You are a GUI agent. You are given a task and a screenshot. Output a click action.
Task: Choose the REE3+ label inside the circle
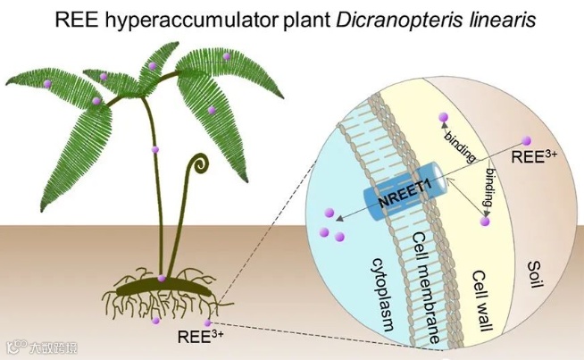[x=535, y=157]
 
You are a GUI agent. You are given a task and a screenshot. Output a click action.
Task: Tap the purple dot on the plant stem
[x=155, y=149]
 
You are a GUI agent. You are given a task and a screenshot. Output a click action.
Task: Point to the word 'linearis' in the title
[x=501, y=19]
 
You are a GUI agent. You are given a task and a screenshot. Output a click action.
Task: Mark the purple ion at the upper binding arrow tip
[x=441, y=118]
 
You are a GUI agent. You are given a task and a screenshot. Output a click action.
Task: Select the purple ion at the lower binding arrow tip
[x=486, y=221]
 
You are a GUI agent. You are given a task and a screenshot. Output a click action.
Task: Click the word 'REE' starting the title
[x=72, y=19]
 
